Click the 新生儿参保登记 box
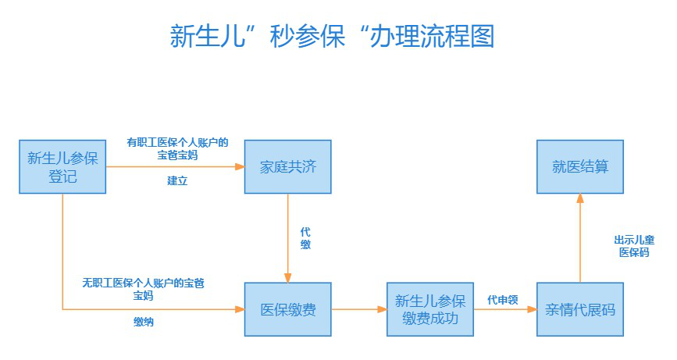(62, 166)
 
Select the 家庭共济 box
(287, 166)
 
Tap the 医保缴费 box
(287, 309)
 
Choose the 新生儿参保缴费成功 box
(430, 309)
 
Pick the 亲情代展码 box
(580, 309)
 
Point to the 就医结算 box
(580, 166)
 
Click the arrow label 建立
(177, 180)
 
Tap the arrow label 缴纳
(144, 322)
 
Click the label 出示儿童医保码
(633, 246)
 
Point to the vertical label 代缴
(305, 238)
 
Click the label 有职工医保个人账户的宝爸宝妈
(177, 148)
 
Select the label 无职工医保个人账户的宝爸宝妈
(144, 289)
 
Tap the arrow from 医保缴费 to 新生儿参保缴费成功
(358, 309)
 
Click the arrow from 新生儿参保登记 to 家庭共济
(175, 166)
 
